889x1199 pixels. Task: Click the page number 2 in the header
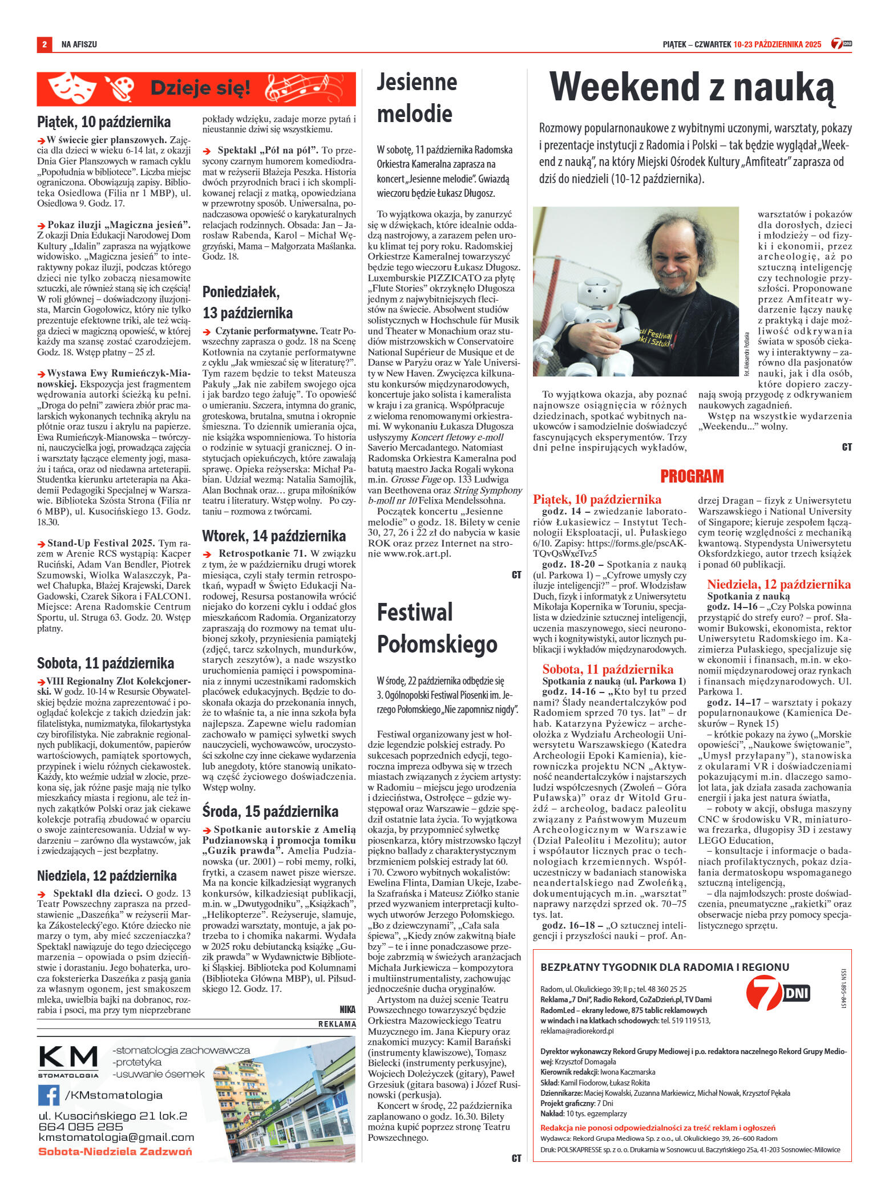click(44, 44)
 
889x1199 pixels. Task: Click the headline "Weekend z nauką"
click(692, 88)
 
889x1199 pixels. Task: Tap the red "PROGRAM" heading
click(692, 476)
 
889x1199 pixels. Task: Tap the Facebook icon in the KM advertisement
click(49, 1095)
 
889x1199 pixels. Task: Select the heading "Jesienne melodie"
click(417, 98)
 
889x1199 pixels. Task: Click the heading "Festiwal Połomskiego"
click(437, 628)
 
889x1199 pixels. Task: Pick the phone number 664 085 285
click(80, 1127)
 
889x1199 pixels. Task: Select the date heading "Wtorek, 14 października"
click(274, 536)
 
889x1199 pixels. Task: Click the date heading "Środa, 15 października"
click(270, 812)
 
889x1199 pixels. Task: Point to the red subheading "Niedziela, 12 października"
click(778, 584)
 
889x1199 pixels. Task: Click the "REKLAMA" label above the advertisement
click(337, 1024)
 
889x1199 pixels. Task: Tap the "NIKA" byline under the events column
click(347, 1010)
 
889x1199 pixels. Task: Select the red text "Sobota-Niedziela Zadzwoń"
click(115, 1151)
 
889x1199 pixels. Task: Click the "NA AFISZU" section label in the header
click(79, 44)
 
